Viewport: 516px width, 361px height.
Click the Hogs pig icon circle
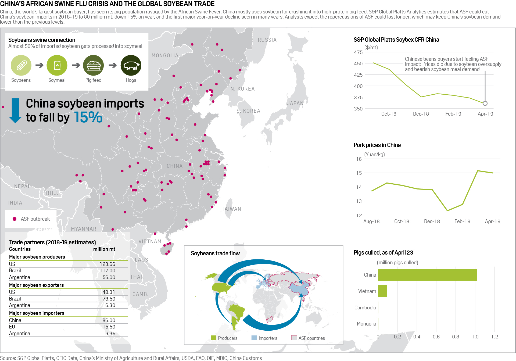click(x=131, y=65)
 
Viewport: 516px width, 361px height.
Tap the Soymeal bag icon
click(x=57, y=65)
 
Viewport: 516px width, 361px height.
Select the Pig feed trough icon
click(x=93, y=65)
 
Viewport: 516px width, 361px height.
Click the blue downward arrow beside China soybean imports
click(x=15, y=110)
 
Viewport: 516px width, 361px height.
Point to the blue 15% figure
click(x=88, y=117)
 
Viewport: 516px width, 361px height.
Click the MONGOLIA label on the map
click(x=165, y=55)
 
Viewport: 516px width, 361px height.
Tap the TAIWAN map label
click(x=231, y=209)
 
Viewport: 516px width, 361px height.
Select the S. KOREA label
click(x=248, y=111)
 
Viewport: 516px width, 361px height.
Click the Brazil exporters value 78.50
click(x=109, y=299)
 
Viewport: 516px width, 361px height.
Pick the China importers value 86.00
click(x=109, y=320)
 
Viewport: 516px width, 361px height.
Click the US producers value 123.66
click(x=107, y=264)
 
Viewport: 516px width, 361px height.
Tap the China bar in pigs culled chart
click(x=427, y=275)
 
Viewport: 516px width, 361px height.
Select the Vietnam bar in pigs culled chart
click(x=382, y=291)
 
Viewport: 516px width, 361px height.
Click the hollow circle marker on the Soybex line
click(x=485, y=103)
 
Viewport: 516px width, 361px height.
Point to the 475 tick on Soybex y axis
click(x=358, y=52)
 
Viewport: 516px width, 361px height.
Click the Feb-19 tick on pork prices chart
click(x=462, y=221)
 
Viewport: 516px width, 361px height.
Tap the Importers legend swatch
click(x=254, y=338)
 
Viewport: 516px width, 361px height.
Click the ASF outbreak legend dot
click(x=15, y=219)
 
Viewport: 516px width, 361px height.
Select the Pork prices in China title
click(x=377, y=145)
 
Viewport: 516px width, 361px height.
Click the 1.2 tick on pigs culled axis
click(x=494, y=337)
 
